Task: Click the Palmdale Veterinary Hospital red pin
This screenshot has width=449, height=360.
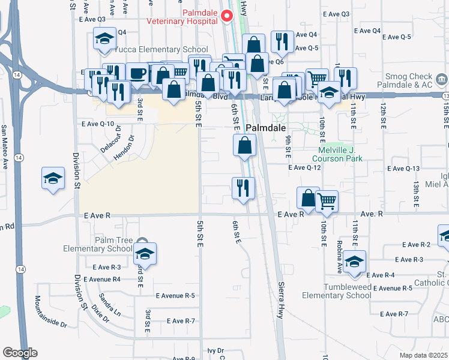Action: pos(228,16)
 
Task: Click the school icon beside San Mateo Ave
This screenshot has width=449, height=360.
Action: pos(53,178)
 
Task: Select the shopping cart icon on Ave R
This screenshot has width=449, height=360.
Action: pos(327,201)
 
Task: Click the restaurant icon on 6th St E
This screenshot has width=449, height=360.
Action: pos(244,188)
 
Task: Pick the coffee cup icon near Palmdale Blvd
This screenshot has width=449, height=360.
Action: pos(137,73)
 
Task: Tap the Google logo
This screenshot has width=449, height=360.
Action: pos(20,353)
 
